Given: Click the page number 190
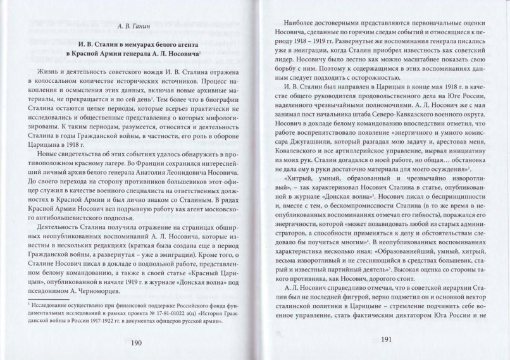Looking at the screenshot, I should [x=135, y=344].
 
